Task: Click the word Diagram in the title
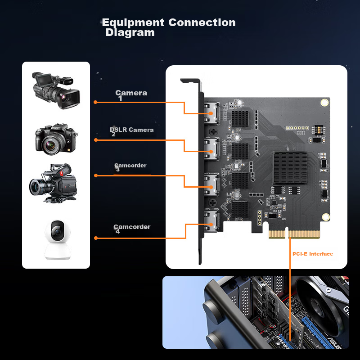(x=130, y=33)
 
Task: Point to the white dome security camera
(x=56, y=240)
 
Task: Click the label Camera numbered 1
(x=131, y=93)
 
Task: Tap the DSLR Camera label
(x=132, y=130)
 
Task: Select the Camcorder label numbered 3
(x=130, y=166)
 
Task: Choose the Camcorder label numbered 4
(x=132, y=227)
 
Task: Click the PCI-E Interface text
(x=313, y=254)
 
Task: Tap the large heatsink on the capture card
(x=290, y=168)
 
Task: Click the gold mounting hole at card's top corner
(x=324, y=103)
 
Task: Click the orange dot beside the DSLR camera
(x=95, y=140)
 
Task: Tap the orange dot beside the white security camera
(x=95, y=238)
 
